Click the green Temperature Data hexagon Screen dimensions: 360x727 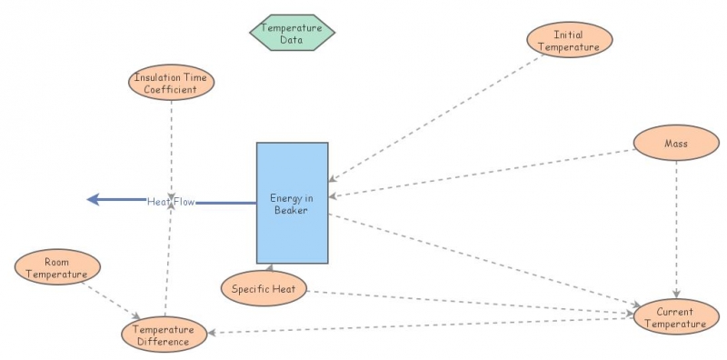[292, 33]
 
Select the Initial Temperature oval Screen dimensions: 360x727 [570, 41]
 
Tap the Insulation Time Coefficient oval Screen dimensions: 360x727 [171, 83]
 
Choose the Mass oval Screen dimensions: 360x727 [675, 143]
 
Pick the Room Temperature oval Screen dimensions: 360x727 [56, 267]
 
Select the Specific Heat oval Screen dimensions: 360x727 [264, 288]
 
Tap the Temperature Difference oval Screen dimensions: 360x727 [164, 335]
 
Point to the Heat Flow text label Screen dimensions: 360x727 [171, 201]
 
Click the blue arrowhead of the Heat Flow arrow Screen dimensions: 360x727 [93, 200]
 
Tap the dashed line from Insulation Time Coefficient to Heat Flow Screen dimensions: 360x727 [171, 145]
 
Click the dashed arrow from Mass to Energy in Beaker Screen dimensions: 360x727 [482, 172]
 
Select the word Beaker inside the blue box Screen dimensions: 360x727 [292, 210]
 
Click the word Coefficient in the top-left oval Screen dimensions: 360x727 [171, 89]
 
